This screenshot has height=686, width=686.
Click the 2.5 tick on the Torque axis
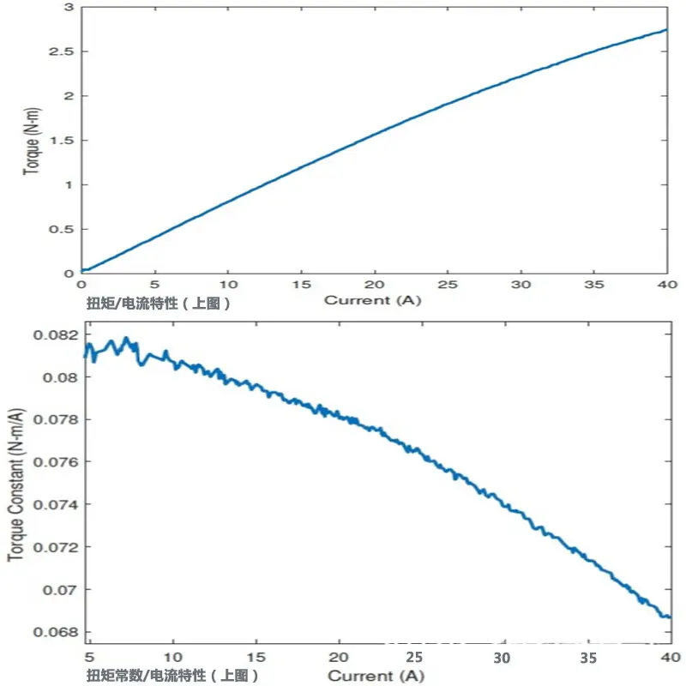click(x=62, y=51)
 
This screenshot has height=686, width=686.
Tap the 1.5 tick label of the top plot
click(x=62, y=141)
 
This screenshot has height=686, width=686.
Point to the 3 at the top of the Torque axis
click(x=69, y=7)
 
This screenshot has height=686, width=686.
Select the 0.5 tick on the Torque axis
click(x=62, y=229)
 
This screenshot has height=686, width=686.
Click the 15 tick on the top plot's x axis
click(x=302, y=285)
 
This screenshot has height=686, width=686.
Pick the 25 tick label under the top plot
click(x=448, y=285)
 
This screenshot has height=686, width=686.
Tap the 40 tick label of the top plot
click(x=667, y=285)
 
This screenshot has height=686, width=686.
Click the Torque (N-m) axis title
click(x=32, y=141)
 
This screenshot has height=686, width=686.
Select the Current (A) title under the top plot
click(x=372, y=301)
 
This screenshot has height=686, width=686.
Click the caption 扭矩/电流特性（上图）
click(x=158, y=303)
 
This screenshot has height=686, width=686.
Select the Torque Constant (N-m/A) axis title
click(x=15, y=484)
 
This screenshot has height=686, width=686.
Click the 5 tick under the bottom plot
click(x=89, y=657)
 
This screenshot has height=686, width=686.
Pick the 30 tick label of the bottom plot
click(x=502, y=658)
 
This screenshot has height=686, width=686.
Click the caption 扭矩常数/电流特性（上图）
click(x=172, y=675)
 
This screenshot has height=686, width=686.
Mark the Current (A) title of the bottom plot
click(x=376, y=676)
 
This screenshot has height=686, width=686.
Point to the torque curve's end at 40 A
click(x=667, y=30)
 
